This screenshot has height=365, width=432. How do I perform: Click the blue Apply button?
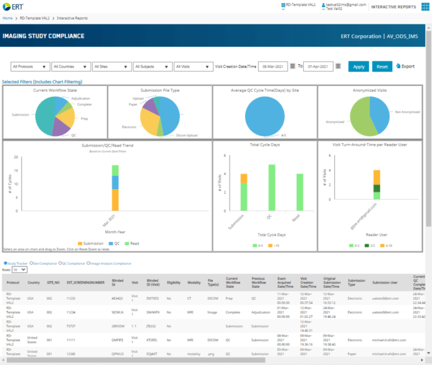(358, 66)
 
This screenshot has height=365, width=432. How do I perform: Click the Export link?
(405, 66)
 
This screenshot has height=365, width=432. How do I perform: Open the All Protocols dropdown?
(30, 66)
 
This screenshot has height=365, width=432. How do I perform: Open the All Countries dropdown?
(71, 66)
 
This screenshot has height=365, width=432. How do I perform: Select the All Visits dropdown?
(193, 66)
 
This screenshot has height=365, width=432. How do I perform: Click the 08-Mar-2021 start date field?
(273, 66)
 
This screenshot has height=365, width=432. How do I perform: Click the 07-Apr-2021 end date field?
(318, 66)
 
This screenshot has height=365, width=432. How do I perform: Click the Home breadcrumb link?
(7, 18)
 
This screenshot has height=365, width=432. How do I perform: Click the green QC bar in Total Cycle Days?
(272, 188)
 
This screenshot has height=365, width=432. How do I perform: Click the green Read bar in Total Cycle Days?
(300, 193)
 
